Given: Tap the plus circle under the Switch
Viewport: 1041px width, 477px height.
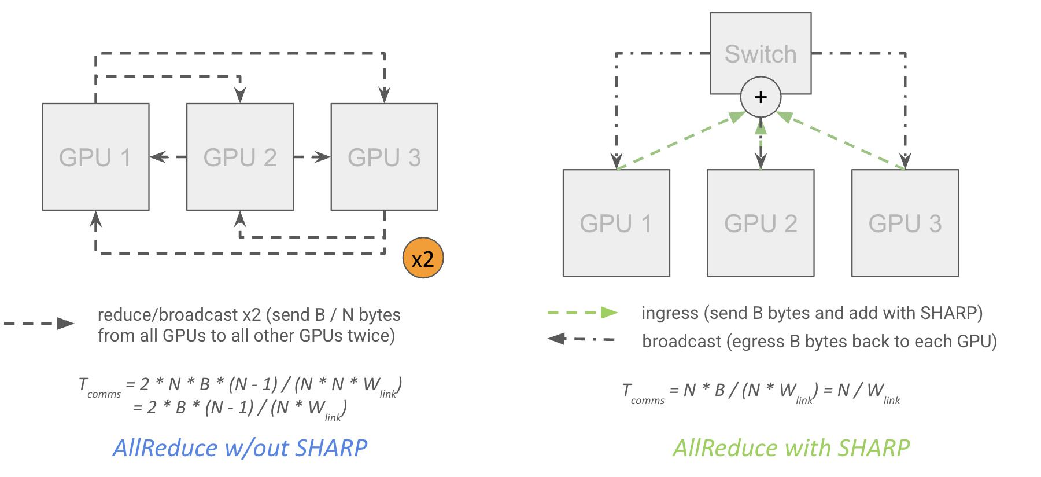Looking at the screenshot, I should point(761,97).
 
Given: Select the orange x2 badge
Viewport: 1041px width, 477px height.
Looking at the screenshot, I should point(423,258).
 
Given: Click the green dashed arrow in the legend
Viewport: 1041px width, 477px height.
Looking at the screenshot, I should point(582,313).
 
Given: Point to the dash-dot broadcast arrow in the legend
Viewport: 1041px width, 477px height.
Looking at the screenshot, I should point(581,339).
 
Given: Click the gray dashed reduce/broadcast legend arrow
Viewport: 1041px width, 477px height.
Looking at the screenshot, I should point(39,324).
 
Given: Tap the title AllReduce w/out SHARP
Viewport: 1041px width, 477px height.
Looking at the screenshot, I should point(240,448).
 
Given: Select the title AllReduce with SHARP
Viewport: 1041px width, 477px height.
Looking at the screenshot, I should point(791,448).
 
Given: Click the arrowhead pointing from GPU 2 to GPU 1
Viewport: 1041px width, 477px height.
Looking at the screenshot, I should point(158,157).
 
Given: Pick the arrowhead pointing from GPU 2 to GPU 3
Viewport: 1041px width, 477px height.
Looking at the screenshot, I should point(322,157).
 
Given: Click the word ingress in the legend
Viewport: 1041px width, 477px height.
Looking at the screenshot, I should point(670,314).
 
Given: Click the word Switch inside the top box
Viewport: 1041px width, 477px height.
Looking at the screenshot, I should point(761,54).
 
